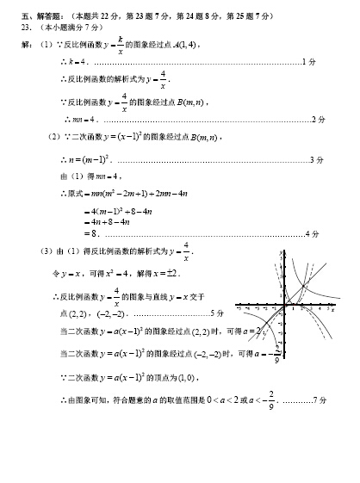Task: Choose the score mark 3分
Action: click(x=316, y=159)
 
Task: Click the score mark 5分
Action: click(x=216, y=312)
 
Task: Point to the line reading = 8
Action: click(x=94, y=233)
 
